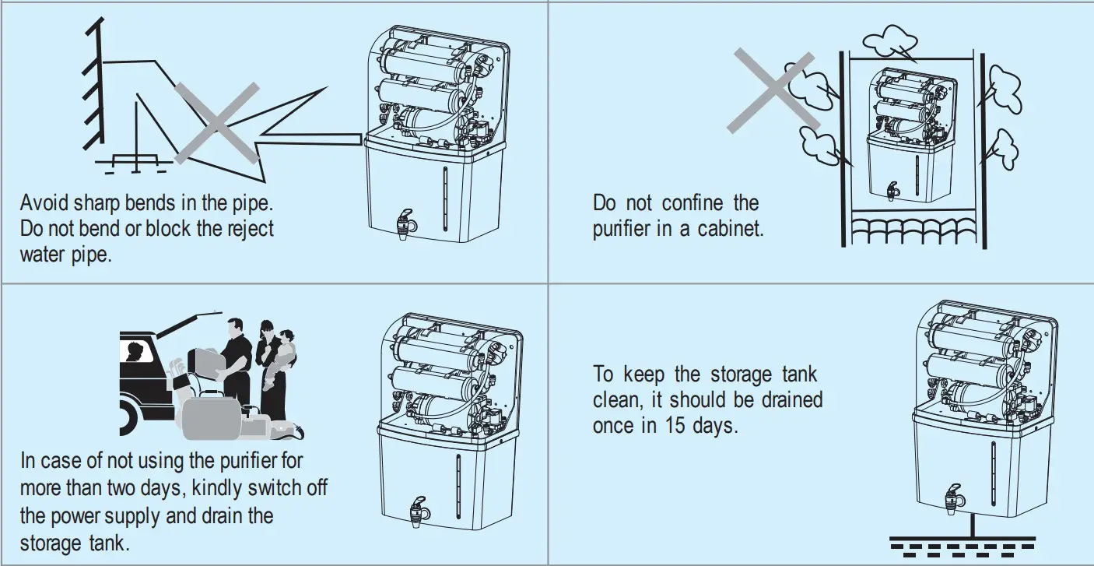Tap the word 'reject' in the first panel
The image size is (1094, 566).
point(244,230)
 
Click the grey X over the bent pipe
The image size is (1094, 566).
point(216,122)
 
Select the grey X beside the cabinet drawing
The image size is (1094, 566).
point(772,90)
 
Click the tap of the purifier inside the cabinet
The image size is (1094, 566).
point(893,191)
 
